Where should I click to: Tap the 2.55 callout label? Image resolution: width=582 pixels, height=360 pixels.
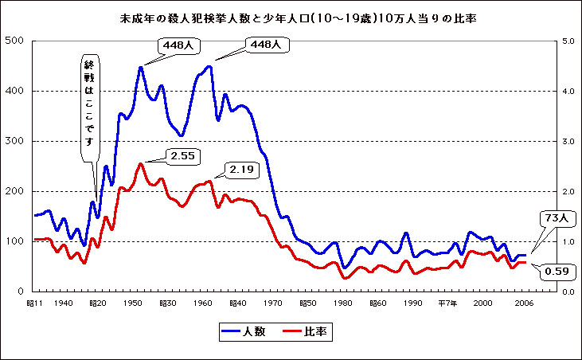click(184, 155)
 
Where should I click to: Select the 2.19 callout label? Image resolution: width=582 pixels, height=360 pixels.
click(244, 169)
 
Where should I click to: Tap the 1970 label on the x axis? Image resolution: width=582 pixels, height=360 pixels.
click(274, 303)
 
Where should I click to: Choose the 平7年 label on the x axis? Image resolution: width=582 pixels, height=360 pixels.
click(447, 303)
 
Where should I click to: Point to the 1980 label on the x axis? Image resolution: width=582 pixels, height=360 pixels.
click(343, 303)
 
